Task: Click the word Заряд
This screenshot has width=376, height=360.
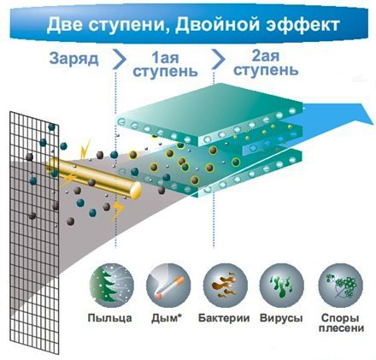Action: coord(74,59)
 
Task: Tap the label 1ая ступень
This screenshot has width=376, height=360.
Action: coord(165,65)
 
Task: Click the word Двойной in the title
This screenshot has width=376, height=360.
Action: coord(217,24)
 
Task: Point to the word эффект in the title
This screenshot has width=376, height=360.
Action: coord(303,25)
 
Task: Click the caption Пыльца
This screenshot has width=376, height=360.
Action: coord(109,318)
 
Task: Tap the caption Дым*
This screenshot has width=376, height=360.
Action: coord(167,318)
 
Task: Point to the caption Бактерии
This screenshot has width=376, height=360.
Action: coord(224,318)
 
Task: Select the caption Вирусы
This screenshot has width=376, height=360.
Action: coord(281,318)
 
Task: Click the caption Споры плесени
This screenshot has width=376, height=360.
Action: coord(341,323)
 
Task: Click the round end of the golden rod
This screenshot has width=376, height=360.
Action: coord(136,190)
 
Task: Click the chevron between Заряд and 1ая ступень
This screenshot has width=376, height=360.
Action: coord(120,59)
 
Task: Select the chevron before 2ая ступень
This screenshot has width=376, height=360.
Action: coord(218,59)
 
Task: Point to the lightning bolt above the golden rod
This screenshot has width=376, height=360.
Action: coord(85,149)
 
